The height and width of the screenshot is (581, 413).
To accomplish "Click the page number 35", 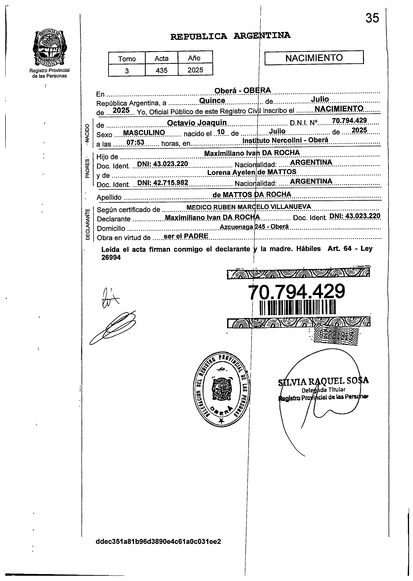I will (372, 18).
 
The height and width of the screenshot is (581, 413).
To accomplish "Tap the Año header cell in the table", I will (194, 58).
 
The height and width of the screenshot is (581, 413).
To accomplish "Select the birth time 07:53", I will (135, 142).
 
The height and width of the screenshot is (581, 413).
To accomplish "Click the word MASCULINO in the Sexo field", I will (144, 133).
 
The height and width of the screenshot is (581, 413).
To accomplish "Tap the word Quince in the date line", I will (212, 101).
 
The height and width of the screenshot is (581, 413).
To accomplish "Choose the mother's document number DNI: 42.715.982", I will (163, 183).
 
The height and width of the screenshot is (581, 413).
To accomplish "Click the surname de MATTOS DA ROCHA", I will (251, 195).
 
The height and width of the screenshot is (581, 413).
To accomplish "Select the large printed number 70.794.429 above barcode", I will (297, 291).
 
